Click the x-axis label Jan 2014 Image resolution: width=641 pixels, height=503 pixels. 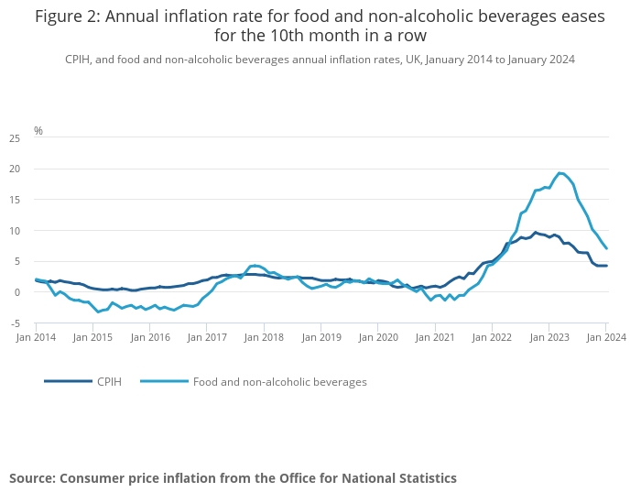click(x=36, y=337)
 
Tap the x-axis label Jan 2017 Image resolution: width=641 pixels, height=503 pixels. click(x=208, y=337)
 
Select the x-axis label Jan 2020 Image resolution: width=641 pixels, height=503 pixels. click(x=378, y=337)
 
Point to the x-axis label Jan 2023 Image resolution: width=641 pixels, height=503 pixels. click(x=549, y=337)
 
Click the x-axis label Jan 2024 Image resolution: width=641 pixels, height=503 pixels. click(x=606, y=337)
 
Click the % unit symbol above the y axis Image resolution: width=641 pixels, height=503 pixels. click(x=38, y=131)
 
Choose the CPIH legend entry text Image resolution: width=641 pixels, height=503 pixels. click(x=110, y=381)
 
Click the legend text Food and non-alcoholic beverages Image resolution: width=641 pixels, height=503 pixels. click(x=279, y=381)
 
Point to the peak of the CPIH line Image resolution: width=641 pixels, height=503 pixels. click(x=536, y=233)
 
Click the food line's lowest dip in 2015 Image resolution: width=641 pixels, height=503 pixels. click(x=98, y=312)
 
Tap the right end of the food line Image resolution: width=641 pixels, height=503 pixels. click(x=606, y=249)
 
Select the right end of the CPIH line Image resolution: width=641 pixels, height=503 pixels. click(x=606, y=266)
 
